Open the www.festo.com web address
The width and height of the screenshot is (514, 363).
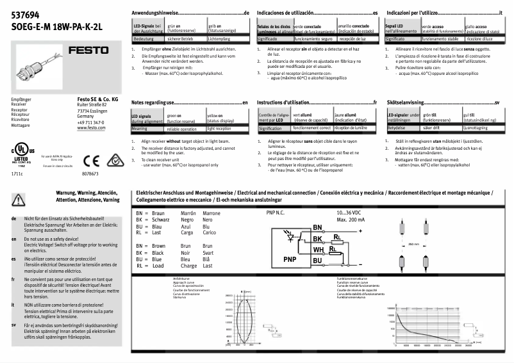pyautogui.click(x=90, y=128)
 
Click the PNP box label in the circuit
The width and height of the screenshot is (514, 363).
pyautogui.click(x=289, y=259)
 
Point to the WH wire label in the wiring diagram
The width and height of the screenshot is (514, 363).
pyautogui.click(x=318, y=249)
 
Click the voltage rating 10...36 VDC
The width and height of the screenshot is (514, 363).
pyautogui.click(x=350, y=213)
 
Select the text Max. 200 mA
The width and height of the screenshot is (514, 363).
pyautogui.click(x=349, y=220)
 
